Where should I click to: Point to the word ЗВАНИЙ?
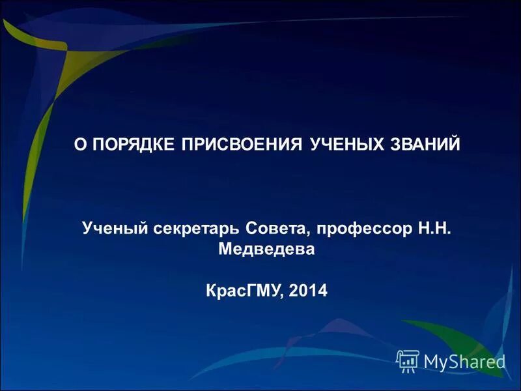(x=423, y=143)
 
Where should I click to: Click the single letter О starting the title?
(x=79, y=143)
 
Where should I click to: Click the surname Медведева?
(x=266, y=250)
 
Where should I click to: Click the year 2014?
(x=308, y=291)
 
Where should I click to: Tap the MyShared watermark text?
(x=464, y=361)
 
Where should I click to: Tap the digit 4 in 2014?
(x=322, y=291)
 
